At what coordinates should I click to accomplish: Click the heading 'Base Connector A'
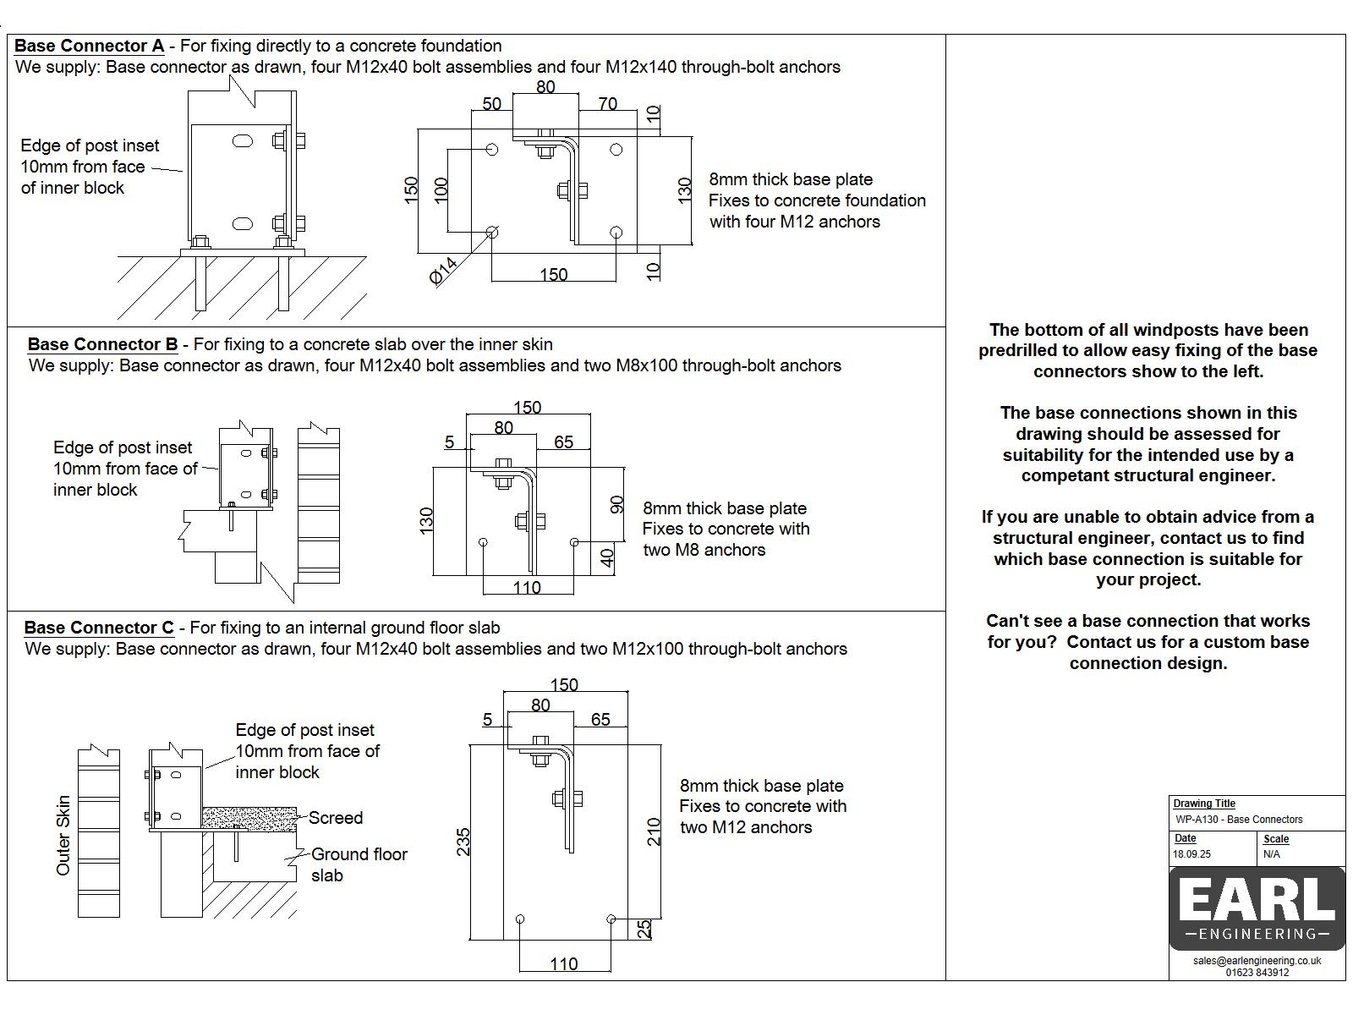[x=89, y=46]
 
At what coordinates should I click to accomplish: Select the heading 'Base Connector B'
[x=102, y=344]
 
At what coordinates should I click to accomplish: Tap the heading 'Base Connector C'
[x=98, y=628]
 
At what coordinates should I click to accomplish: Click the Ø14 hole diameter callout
[x=444, y=271]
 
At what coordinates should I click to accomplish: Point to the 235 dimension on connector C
[x=463, y=842]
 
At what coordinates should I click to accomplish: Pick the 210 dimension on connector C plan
[x=653, y=833]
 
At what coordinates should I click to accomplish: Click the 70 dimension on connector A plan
[x=607, y=104]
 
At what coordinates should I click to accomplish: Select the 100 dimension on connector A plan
[x=441, y=189]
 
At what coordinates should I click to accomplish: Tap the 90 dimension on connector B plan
[x=616, y=505]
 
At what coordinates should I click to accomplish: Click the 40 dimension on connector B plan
[x=607, y=558]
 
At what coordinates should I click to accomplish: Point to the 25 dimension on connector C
[x=644, y=929]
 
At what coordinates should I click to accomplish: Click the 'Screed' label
[x=336, y=818]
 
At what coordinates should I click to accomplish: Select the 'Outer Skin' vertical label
[x=63, y=836]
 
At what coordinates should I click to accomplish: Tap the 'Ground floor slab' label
[x=359, y=864]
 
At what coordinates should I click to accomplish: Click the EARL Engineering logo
[x=1257, y=908]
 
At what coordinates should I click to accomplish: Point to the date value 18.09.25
[x=1191, y=854]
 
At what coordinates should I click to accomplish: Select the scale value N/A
[x=1272, y=854]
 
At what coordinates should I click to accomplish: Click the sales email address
[x=1257, y=961]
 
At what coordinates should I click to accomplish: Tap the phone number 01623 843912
[x=1257, y=973]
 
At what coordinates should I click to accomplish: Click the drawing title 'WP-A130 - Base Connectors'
[x=1239, y=820]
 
